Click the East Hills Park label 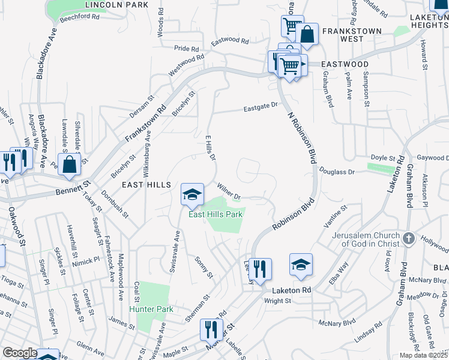(x=215, y=214)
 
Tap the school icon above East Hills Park (x=192, y=194)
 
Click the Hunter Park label (x=151, y=309)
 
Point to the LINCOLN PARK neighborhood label (x=116, y=5)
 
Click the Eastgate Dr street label (x=261, y=109)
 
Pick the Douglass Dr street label (x=337, y=172)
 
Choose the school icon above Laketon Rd (x=301, y=265)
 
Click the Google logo (x=19, y=353)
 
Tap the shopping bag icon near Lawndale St (x=69, y=164)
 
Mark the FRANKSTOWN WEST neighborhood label (x=343, y=34)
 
